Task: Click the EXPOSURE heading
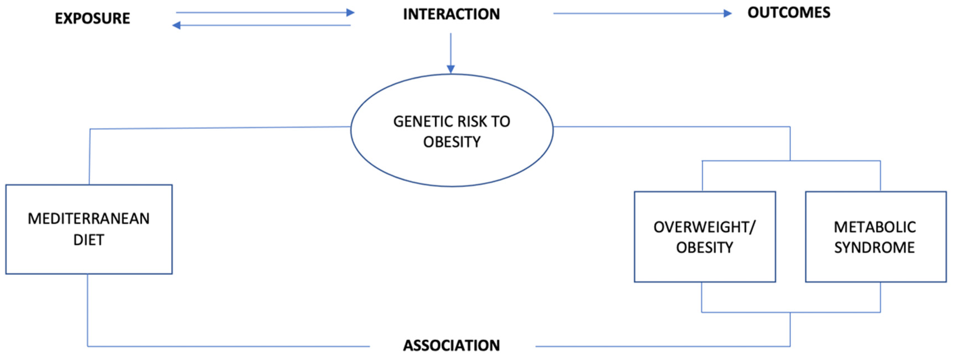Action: (93, 18)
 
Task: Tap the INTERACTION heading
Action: (451, 14)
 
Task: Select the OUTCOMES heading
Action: (789, 13)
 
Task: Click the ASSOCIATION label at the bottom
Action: (451, 345)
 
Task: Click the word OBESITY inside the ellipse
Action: (452, 142)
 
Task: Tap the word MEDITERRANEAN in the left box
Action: (89, 218)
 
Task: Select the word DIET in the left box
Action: (89, 240)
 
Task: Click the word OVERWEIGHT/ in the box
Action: (704, 227)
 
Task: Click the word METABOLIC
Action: (875, 227)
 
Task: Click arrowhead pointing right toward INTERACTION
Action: (350, 13)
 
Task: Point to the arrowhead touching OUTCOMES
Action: (727, 13)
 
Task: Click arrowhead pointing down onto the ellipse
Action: (450, 69)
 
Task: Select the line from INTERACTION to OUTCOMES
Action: (638, 13)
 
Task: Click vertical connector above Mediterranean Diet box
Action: (89, 156)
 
